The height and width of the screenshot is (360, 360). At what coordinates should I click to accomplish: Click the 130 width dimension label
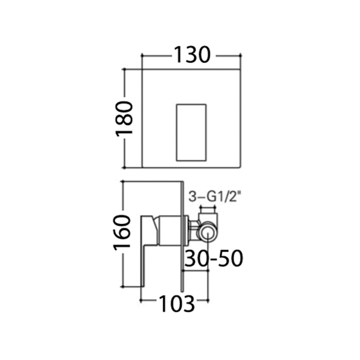coord(192,55)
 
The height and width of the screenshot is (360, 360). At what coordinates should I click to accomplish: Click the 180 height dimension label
coord(124,119)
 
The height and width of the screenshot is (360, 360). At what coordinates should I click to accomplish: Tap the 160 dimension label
coord(122,232)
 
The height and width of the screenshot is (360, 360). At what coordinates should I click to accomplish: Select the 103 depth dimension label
coord(176,303)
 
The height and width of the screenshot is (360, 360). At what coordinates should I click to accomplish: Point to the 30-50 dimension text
coord(213,258)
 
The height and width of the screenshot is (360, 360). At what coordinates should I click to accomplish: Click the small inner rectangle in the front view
coord(191,132)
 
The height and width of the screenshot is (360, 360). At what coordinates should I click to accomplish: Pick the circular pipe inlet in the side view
coord(207,232)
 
